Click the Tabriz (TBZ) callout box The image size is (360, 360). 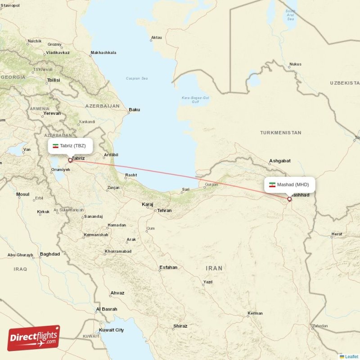point(70,146)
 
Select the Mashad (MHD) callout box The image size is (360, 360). point(289,184)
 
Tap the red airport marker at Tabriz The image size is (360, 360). point(70,160)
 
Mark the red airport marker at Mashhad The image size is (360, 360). point(289,198)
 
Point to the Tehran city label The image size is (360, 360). point(164,210)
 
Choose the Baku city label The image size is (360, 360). point(134,109)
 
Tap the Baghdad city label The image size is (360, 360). point(49,254)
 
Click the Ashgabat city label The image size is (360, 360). point(279,161)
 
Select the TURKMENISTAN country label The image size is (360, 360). point(280,133)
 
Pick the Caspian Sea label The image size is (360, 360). point(137,78)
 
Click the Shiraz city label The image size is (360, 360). point(180,326)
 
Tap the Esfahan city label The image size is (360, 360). point(168,267)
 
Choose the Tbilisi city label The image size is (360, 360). point(53,80)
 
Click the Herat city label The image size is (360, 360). point(337,234)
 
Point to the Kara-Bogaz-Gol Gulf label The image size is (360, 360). point(195,99)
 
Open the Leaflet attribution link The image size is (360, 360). point(351,356)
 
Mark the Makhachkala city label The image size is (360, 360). point(103,53)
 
